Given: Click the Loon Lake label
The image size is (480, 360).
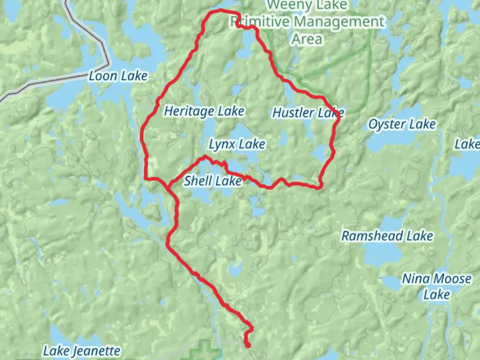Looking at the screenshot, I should tap(118, 76).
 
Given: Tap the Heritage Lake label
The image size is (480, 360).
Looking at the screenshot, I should tap(204, 111).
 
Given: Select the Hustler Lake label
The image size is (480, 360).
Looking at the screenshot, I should tap(308, 113).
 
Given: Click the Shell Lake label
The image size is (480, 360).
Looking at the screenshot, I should tap(213, 181).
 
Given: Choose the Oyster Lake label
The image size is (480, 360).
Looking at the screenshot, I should tap(402, 125).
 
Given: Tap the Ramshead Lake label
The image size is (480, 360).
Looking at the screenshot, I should tap(387, 236).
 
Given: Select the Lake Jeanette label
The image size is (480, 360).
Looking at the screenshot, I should tap(82, 351).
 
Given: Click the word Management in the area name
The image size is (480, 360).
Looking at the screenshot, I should tap(339, 22).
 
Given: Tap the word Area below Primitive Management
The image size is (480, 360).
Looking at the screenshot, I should tap(307, 39).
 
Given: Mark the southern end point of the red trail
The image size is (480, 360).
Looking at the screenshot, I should tap(248, 346).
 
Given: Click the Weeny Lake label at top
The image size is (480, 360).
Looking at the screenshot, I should tap(307, 5).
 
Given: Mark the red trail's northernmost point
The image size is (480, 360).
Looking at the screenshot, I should tap(220, 11).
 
